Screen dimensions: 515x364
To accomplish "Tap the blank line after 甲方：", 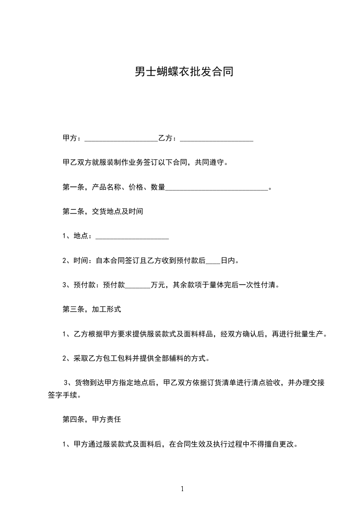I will pos(121,139).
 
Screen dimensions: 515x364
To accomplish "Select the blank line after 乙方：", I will pos(217,139).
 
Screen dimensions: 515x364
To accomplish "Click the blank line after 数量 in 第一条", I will pos(216,188).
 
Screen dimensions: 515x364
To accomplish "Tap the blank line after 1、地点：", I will pos(132,236).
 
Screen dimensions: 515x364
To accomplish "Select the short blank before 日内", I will pos(213,261).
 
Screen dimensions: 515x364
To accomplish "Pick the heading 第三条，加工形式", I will pos(91,309).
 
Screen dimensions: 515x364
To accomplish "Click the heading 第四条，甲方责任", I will pos(91,420).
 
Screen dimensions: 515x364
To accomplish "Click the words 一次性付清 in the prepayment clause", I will pos(260,285).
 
